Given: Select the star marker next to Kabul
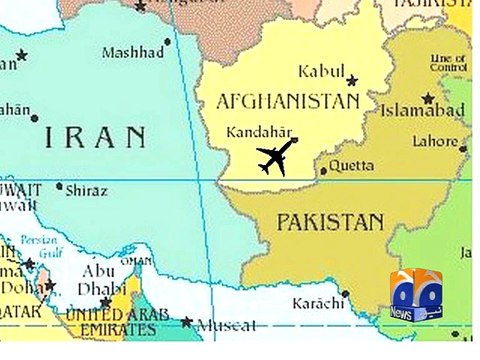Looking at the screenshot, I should [x=351, y=80].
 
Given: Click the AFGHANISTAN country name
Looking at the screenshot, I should [x=287, y=102].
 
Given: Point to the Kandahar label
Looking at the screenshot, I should [x=259, y=132].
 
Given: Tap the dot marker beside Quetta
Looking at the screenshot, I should [x=323, y=171].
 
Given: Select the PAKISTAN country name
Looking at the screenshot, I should [x=330, y=221].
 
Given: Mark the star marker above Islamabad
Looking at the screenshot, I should [x=428, y=98].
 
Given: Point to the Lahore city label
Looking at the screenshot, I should [x=436, y=142].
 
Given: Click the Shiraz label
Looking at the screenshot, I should [x=86, y=189].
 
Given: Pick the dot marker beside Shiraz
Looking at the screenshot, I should [x=60, y=186].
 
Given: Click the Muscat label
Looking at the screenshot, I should [x=224, y=325].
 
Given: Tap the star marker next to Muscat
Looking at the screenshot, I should [x=187, y=321].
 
